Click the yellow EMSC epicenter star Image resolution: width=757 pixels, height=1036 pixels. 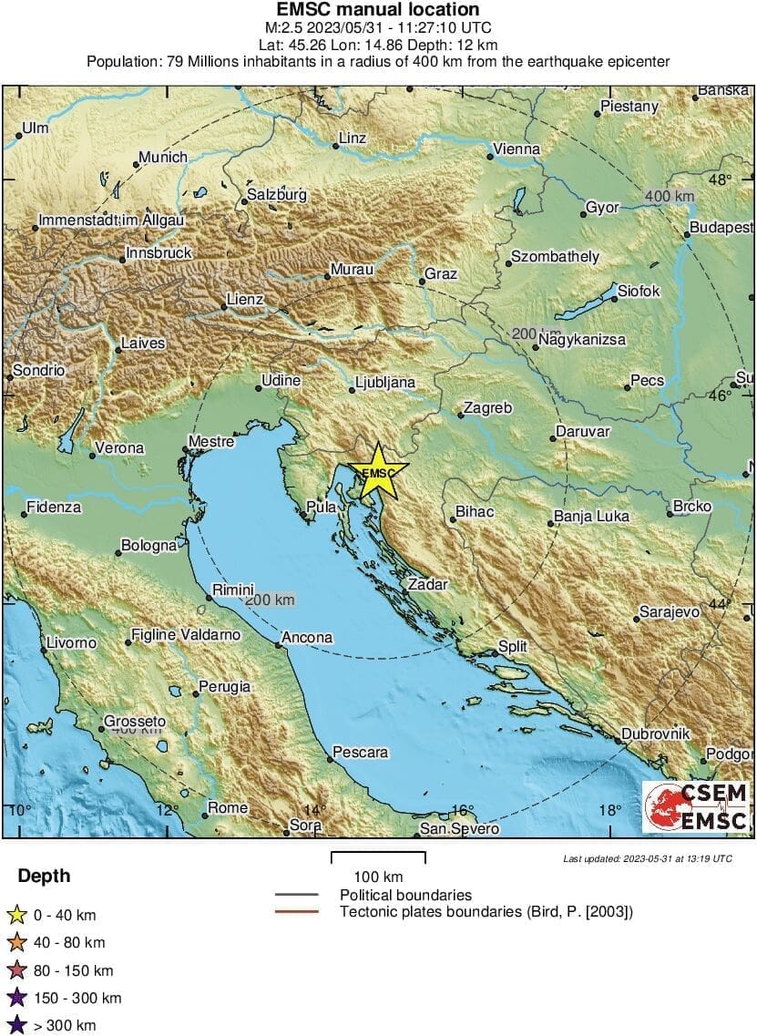coord(378,471)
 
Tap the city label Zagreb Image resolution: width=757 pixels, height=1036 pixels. coord(487,408)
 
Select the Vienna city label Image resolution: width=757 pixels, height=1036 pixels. coord(516,149)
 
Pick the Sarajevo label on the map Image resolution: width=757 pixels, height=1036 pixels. coord(669,611)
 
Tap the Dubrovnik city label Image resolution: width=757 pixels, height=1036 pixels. coord(656,733)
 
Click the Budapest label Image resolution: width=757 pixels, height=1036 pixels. coord(721,227)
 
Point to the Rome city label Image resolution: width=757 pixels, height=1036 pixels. coord(228,807)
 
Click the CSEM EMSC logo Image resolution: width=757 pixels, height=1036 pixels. coord(696,806)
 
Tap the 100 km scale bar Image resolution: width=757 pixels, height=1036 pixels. coord(377,857)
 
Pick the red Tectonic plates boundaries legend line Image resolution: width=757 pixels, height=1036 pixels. coord(296,911)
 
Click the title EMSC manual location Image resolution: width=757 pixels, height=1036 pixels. coord(378,10)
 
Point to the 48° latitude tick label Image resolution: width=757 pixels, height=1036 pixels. coord(721,180)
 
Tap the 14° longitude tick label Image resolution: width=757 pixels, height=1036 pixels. coord(314,810)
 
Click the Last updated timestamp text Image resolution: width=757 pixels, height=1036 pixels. coord(647,858)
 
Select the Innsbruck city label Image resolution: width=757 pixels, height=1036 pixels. coord(159,252)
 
